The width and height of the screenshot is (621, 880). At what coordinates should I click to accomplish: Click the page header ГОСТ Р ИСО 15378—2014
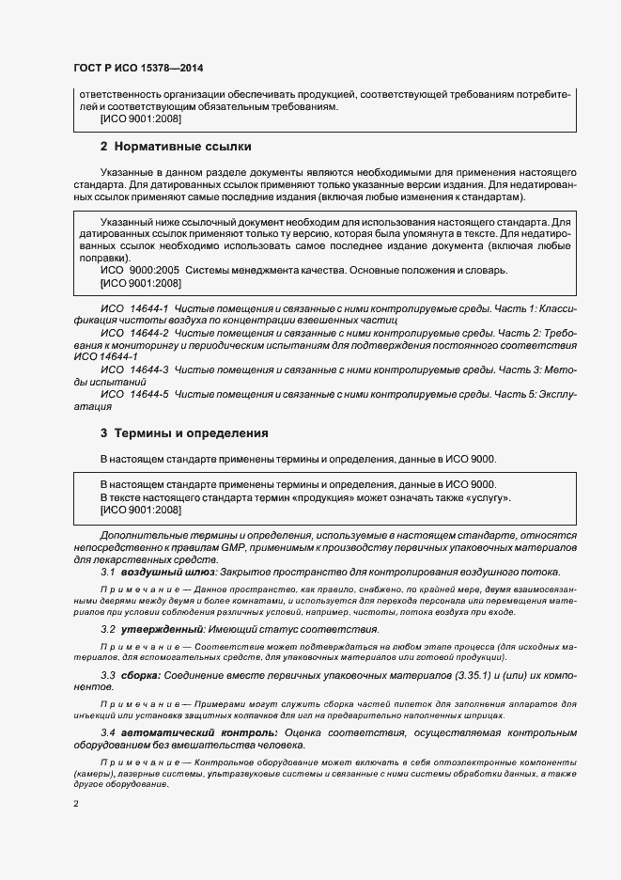click(x=138, y=69)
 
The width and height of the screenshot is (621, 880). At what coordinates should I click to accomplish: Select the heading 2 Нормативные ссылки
click(x=176, y=147)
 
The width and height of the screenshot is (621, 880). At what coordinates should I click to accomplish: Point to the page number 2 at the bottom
click(x=76, y=804)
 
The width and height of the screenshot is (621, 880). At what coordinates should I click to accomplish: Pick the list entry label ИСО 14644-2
click(x=133, y=334)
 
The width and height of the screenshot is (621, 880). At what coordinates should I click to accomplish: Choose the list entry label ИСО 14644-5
click(x=133, y=395)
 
